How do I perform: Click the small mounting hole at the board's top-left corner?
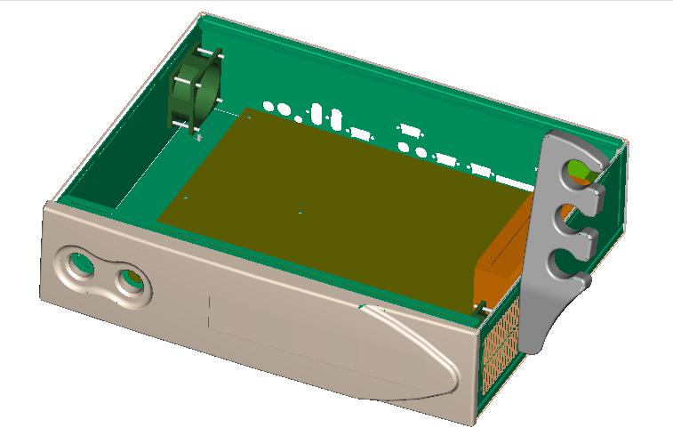250,115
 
